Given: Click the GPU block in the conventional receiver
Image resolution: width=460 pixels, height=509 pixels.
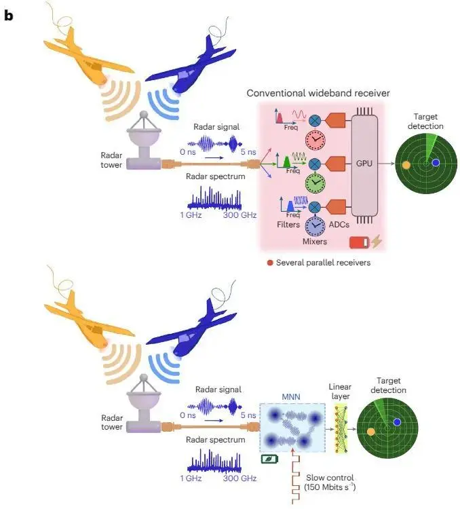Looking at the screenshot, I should [365, 165].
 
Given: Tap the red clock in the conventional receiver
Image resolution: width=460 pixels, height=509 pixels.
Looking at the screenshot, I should [315, 140].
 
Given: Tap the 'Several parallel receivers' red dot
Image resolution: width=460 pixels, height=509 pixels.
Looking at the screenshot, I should [271, 263].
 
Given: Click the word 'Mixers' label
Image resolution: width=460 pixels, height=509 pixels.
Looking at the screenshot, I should [313, 241].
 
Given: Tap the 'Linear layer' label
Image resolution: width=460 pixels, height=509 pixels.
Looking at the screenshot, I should [340, 390].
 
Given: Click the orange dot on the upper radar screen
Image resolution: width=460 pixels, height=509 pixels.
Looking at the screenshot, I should [406, 165].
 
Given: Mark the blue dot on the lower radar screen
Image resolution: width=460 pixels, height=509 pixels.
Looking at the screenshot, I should [397, 422].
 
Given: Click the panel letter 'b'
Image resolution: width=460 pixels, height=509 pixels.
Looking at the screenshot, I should [9, 15].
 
